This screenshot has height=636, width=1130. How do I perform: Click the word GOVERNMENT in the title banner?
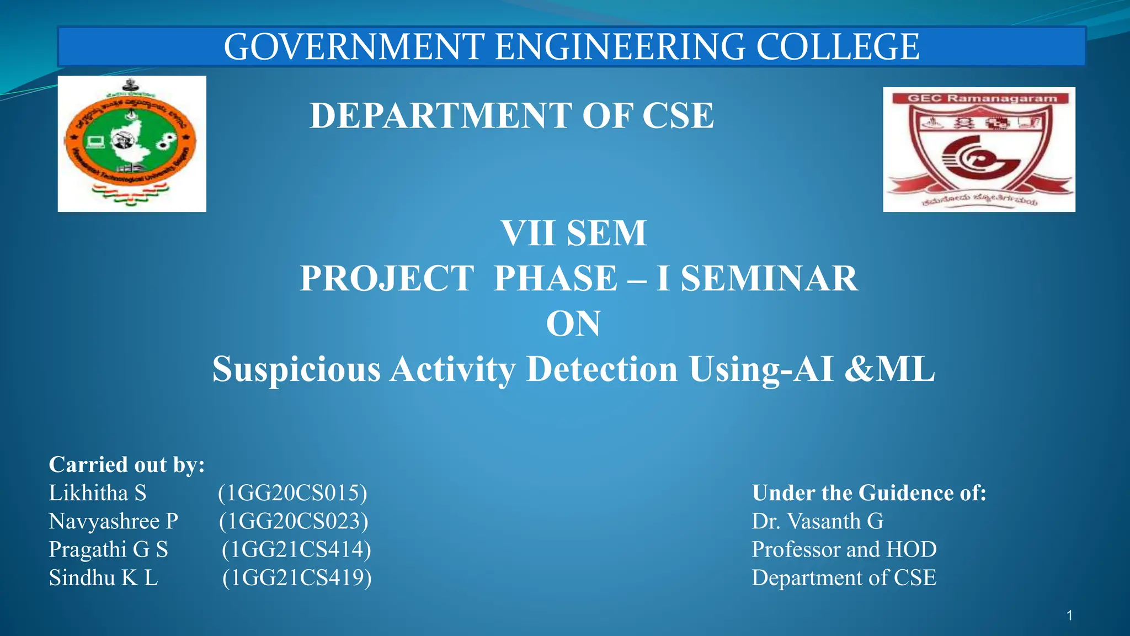354,47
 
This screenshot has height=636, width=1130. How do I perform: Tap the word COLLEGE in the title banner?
837,47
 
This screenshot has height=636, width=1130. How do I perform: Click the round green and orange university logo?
131,144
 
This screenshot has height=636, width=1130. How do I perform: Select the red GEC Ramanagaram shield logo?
979,149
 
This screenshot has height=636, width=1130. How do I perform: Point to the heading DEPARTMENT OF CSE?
511,116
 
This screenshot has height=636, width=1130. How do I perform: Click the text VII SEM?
574,233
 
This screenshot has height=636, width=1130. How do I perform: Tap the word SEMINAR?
769,278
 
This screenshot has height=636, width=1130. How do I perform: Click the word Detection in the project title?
602,369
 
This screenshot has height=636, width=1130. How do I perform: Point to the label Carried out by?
127,465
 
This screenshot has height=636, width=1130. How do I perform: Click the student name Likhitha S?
98,493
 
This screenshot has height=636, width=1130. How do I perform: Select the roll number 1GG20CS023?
294,521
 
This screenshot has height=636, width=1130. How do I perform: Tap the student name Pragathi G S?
108,549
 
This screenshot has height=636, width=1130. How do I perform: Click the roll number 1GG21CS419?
297,577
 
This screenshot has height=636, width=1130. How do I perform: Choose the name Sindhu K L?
103,577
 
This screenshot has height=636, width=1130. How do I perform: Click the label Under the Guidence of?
869,493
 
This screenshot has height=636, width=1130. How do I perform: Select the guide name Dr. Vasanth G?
817,521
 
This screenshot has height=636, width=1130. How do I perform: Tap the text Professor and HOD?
844,549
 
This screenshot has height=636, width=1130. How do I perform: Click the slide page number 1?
1070,616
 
